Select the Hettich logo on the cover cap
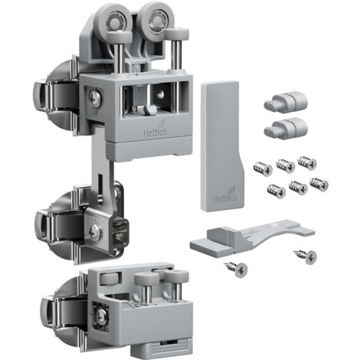225,196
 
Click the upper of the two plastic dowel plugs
286,103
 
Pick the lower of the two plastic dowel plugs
286,129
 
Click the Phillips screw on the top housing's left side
96,98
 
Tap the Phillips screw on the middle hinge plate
96,231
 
